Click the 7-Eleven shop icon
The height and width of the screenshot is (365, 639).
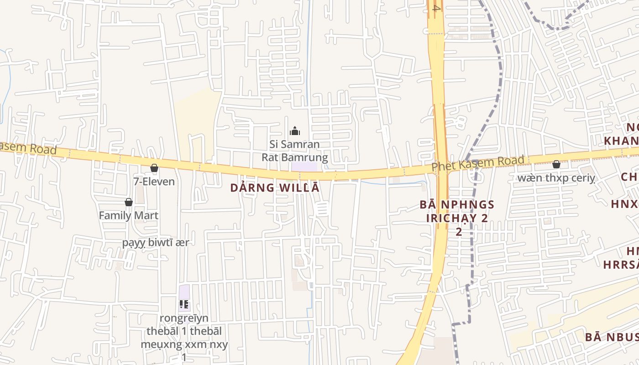[x=154, y=168]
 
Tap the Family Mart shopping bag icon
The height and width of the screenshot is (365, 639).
[x=129, y=202]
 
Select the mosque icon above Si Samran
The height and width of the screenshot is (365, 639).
[x=295, y=131]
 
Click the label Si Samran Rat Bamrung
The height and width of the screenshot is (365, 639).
[x=294, y=151]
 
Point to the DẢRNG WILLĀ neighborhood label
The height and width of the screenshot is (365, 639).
[x=275, y=188]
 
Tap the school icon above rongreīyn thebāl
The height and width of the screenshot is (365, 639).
[x=184, y=304]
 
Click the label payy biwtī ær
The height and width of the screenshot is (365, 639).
[x=155, y=242]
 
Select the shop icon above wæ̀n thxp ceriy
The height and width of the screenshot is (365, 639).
[x=556, y=164]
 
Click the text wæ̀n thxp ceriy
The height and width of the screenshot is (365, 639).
[x=556, y=178]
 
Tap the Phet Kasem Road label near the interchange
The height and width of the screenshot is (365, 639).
[x=478, y=163]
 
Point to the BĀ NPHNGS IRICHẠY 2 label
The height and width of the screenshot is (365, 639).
[x=457, y=211]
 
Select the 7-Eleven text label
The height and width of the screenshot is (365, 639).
[x=154, y=182]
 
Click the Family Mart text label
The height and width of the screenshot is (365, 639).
[x=129, y=215]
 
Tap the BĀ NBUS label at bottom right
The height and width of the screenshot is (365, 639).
[x=612, y=337]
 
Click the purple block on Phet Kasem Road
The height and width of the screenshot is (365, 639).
[x=304, y=167]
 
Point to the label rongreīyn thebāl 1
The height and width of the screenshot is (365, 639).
[x=184, y=331]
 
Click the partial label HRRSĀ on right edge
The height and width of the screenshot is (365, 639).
[x=621, y=265]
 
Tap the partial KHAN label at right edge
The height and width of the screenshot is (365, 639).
[x=621, y=141]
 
